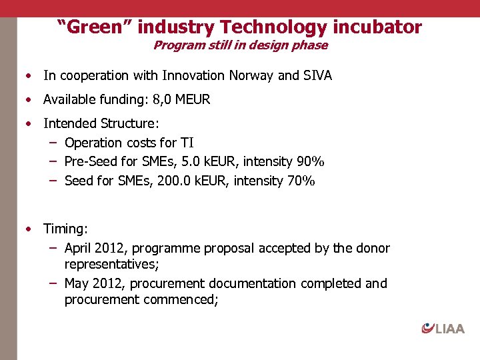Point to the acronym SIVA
point(317,75)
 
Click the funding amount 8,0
point(163,100)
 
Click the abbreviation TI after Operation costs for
point(187,143)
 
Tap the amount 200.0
point(175,181)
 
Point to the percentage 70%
point(301,181)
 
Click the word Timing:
point(65,229)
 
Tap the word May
point(77,283)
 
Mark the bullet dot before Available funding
point(29,100)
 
